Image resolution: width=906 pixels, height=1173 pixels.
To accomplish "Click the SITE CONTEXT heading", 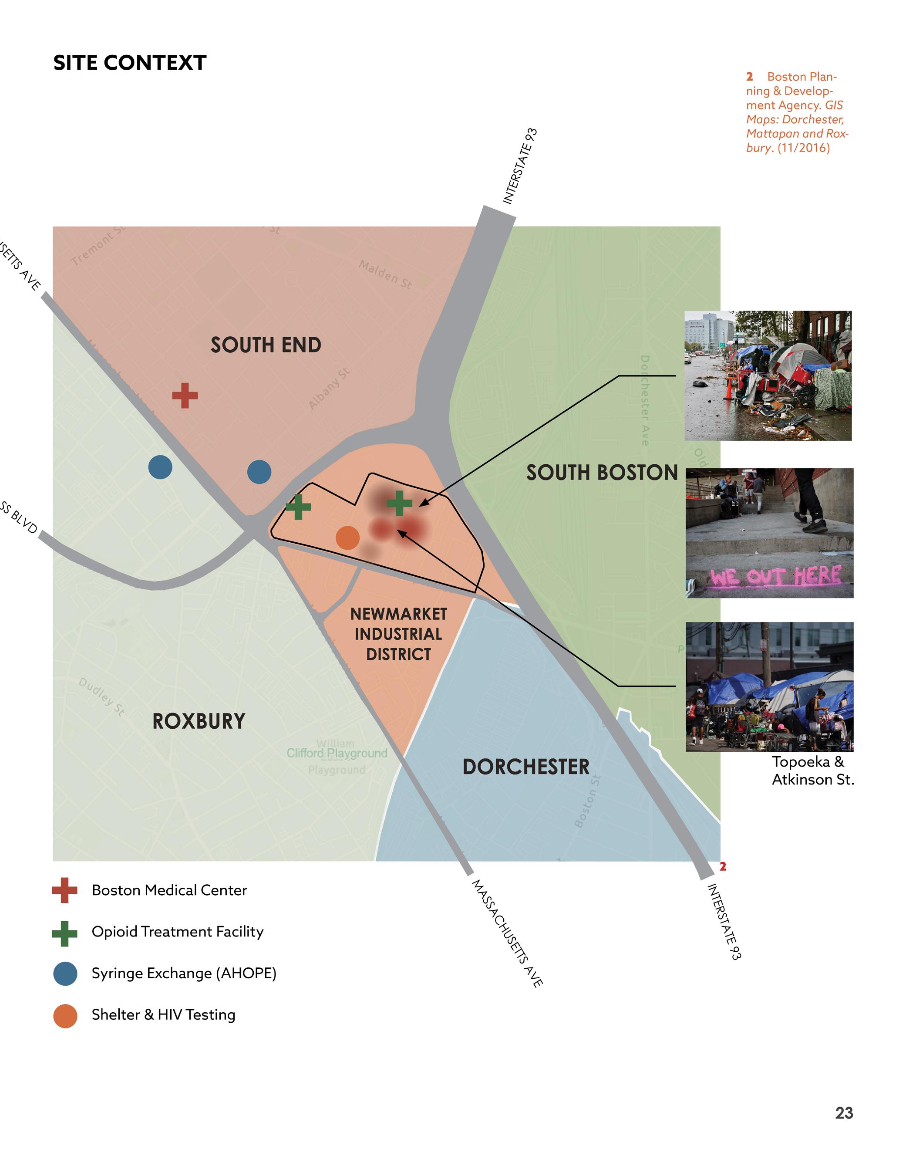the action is tap(129, 63).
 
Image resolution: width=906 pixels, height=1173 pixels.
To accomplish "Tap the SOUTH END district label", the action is tap(266, 345).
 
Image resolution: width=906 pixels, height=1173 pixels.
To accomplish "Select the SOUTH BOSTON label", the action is tap(602, 473).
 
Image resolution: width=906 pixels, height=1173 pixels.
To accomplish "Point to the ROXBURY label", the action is tap(199, 721).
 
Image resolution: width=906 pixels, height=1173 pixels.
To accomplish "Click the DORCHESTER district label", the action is tap(525, 767).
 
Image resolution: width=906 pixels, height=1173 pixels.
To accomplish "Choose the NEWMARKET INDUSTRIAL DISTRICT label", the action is tap(398, 634).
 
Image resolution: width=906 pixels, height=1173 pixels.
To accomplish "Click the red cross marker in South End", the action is tap(185, 396).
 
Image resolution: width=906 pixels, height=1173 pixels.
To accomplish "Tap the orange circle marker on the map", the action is tap(347, 537).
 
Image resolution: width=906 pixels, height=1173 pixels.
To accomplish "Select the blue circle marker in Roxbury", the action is tap(160, 467).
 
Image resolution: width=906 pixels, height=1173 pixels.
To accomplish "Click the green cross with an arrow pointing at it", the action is tap(399, 503).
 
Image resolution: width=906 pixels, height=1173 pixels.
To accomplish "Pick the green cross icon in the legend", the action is tap(64, 933).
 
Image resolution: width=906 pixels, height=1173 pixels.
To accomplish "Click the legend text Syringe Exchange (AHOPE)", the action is tap(184, 973).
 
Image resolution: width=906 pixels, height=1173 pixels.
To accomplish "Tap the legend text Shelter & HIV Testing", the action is tap(163, 1014).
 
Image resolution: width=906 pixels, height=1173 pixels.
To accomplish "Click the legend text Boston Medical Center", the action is tap(169, 890).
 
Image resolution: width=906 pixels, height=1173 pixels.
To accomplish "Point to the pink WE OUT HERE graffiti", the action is tap(775, 576).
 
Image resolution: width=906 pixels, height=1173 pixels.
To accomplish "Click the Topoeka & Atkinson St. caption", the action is tap(812, 770).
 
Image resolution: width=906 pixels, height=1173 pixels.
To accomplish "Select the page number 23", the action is tap(844, 1113).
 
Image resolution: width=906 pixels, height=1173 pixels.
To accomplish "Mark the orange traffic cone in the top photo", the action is tap(729, 388).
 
